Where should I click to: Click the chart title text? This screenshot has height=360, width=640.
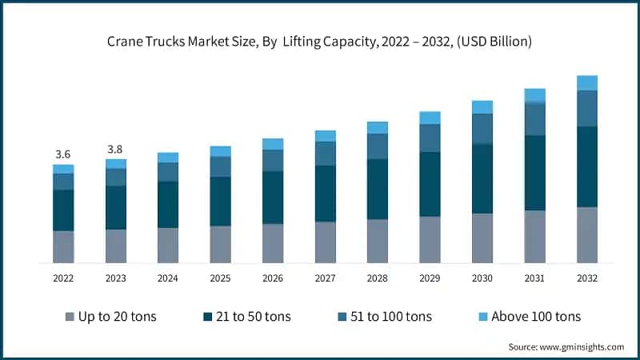pos(319,42)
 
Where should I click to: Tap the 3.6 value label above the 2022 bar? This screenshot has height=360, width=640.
pos(63,154)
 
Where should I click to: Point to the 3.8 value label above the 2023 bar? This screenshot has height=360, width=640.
pos(115,149)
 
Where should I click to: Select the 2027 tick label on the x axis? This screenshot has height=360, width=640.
pos(325,278)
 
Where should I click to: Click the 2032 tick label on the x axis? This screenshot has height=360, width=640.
pos(586,278)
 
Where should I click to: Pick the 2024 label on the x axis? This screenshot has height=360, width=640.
pos(168,278)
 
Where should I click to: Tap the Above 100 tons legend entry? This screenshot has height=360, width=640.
pos(525,316)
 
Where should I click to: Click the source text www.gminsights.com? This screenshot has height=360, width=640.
pos(566,346)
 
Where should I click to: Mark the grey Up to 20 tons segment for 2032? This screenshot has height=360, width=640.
pos(587,234)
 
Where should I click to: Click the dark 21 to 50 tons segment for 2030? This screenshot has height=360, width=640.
pos(482,178)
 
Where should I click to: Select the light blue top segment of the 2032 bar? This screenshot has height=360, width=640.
pos(587,82)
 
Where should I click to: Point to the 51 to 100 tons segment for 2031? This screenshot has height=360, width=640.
pos(534,119)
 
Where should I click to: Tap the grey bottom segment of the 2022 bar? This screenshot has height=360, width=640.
pos(63,246)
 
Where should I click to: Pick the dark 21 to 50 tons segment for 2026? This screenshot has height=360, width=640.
pos(273,198)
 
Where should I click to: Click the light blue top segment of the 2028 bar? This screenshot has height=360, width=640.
pos(378,128)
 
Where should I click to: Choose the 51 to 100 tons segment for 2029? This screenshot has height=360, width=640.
pos(430,138)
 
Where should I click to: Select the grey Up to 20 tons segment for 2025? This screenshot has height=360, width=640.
pos(220,244)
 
